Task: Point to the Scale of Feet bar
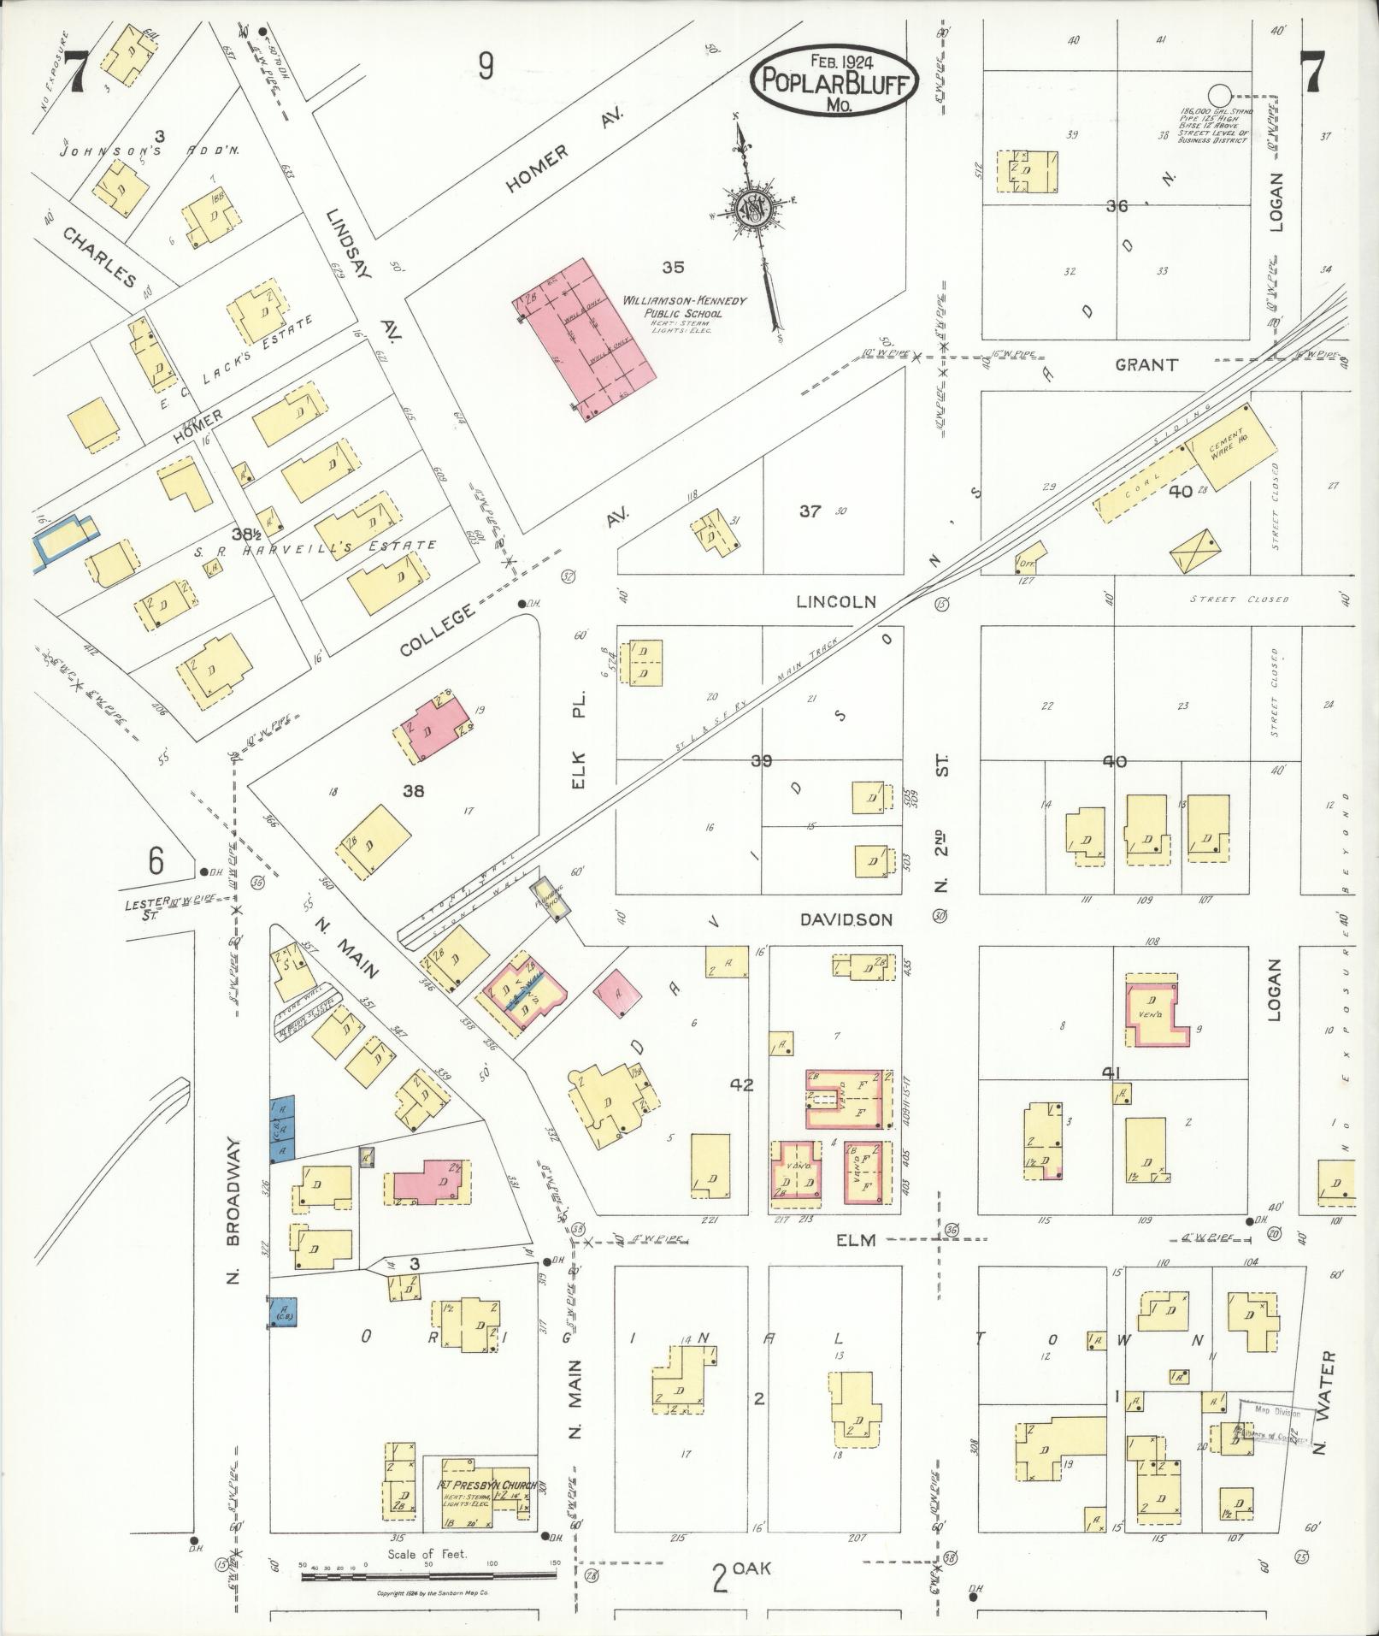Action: (x=427, y=1571)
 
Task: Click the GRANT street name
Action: (x=1146, y=365)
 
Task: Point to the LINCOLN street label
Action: (x=835, y=601)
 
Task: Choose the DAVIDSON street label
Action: (x=846, y=920)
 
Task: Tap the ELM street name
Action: (x=856, y=1240)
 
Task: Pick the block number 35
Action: (x=673, y=268)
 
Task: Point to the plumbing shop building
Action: (x=549, y=899)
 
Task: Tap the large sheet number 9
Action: (x=486, y=67)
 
